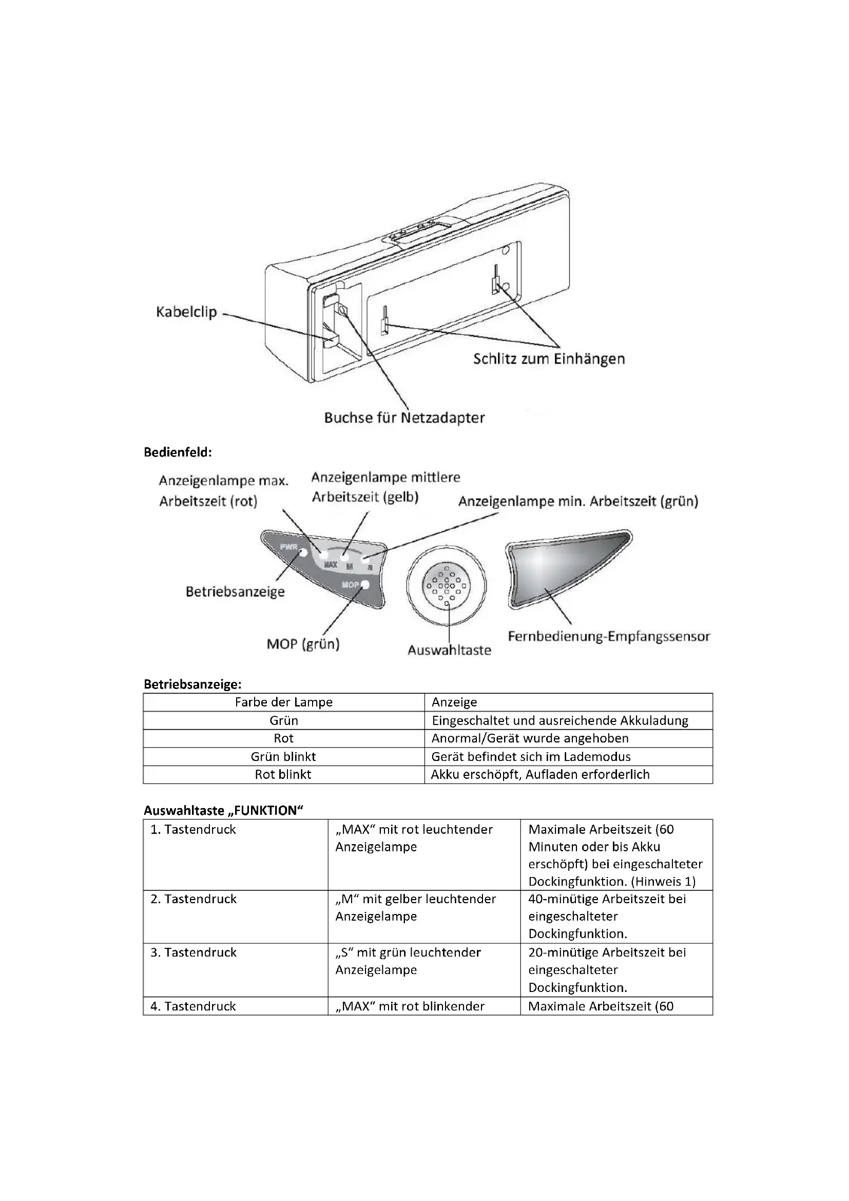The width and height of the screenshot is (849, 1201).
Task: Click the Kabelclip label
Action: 186,312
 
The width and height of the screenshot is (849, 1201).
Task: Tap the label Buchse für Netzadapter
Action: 404,418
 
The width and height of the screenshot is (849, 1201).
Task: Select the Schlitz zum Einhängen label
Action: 549,359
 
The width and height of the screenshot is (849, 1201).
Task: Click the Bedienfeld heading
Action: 178,452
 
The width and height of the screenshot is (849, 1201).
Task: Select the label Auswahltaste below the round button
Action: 449,650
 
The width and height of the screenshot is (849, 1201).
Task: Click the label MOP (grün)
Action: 303,644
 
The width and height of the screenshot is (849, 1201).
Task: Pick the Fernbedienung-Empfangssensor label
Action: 609,637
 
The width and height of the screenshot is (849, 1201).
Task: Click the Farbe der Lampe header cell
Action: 283,702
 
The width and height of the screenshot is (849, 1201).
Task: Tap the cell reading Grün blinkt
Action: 283,756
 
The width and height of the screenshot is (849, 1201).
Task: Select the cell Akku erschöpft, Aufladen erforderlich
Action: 540,774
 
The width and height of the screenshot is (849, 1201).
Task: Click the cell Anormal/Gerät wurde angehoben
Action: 530,738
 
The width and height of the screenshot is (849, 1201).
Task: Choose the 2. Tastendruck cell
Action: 194,899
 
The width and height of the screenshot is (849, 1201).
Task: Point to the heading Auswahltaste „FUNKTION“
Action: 224,811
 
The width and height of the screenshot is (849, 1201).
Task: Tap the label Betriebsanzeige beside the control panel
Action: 235,592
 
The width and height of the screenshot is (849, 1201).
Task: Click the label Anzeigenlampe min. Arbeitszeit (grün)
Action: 578,502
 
